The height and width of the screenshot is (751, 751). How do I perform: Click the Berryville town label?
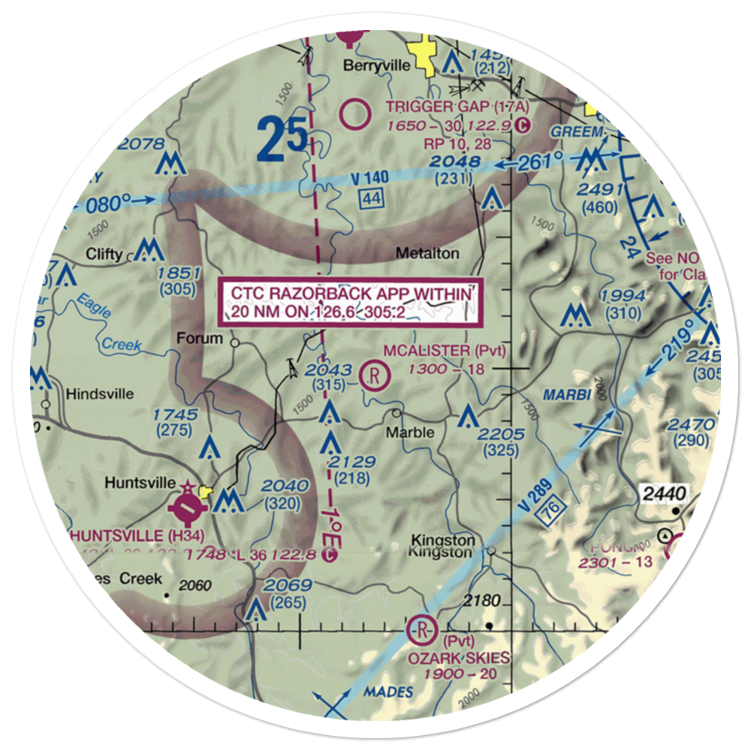click(376, 65)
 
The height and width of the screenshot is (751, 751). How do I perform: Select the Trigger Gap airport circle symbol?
click(354, 115)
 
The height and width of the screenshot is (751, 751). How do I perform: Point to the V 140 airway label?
click(369, 179)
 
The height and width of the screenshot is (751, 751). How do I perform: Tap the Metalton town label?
click(429, 254)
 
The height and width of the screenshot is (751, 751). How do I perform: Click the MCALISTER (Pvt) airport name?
click(445, 351)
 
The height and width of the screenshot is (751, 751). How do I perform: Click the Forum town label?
click(199, 338)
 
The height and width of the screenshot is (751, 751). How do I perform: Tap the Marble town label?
click(409, 433)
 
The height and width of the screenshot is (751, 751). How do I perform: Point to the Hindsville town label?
click(100, 394)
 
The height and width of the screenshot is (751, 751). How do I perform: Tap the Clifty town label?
click(104, 254)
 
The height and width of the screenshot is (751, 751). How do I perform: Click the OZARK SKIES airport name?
click(458, 658)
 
